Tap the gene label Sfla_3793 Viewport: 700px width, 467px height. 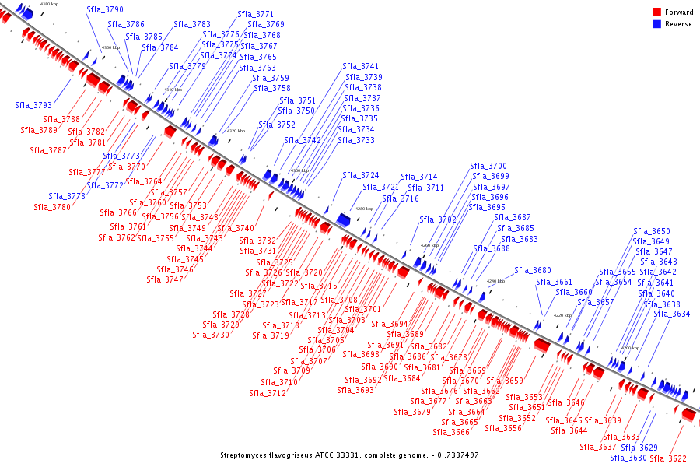tap(33, 105)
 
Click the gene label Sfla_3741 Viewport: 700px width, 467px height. tap(361, 67)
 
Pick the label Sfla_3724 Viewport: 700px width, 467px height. tap(360, 176)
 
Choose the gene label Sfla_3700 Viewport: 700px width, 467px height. tap(488, 167)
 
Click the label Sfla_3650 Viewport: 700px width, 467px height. tap(651, 231)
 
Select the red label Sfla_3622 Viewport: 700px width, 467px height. tap(667, 458)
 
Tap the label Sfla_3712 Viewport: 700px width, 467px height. tap(268, 393)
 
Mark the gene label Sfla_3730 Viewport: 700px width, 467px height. tap(211, 335)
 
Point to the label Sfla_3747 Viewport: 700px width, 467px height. tap(165, 279)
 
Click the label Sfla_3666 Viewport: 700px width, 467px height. tap(451, 432)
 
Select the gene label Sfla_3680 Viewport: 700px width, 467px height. tap(532, 270)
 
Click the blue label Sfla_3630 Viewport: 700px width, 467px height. tap(628, 458)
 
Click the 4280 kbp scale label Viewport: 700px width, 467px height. tap(364, 209)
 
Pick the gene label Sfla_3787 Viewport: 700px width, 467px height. tap(48, 150)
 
